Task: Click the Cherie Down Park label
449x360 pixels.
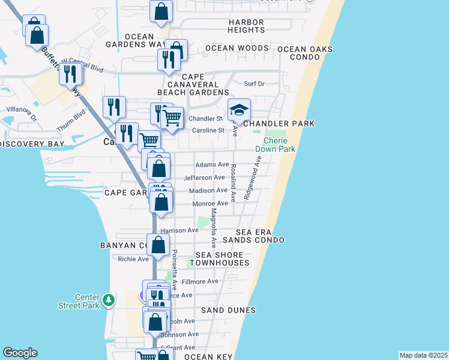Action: (275, 145)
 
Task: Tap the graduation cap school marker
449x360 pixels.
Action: (239, 110)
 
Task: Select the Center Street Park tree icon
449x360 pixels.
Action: (108, 299)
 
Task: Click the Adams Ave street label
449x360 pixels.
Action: (211, 164)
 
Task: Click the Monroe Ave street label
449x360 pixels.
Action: (210, 204)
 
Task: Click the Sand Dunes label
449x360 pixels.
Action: (228, 310)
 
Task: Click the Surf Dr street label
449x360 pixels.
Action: (254, 83)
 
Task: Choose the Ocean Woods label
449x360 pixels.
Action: (237, 48)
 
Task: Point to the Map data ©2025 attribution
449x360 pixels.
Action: (423, 355)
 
